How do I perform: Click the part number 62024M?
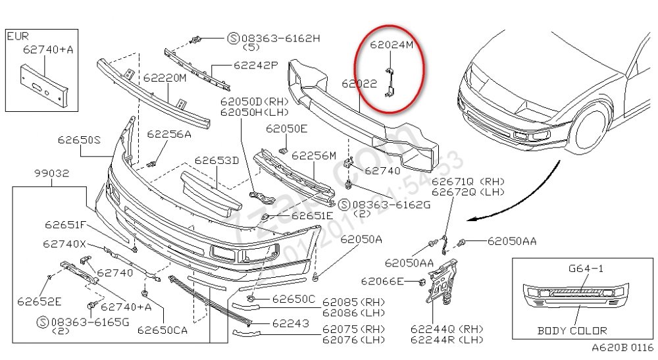click(x=391, y=46)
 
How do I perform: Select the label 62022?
click(x=359, y=84)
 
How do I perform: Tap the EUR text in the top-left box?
click(x=18, y=36)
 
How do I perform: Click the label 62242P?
click(x=256, y=66)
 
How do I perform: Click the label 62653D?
click(x=216, y=160)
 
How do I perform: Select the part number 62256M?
click(x=314, y=156)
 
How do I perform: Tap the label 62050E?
click(x=287, y=128)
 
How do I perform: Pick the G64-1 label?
click(x=584, y=269)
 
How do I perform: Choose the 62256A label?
click(x=168, y=134)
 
